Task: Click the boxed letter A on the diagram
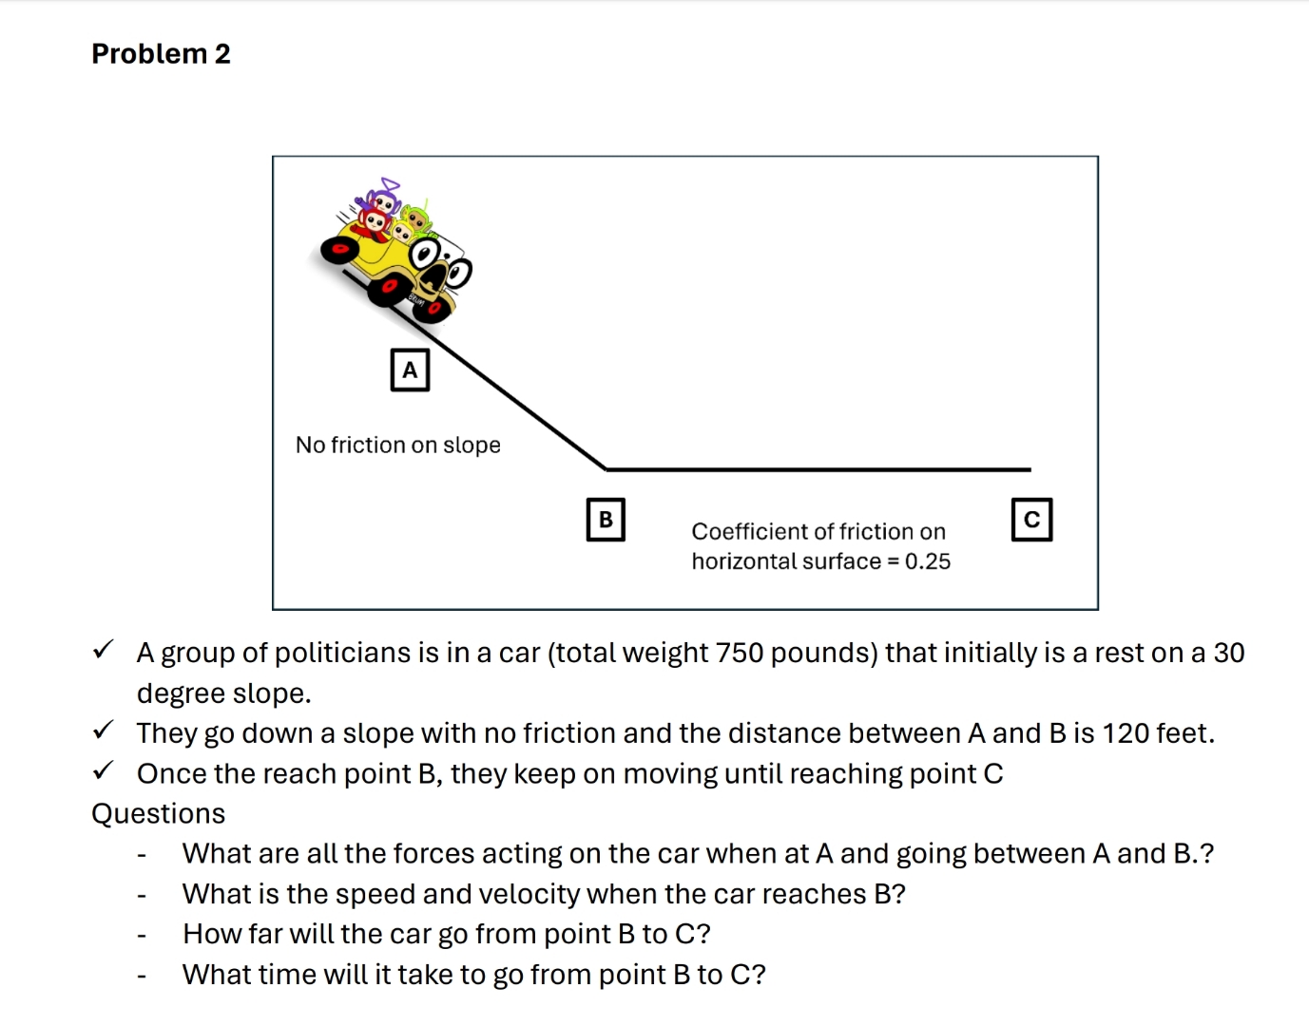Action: pos(410,370)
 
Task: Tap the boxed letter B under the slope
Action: pos(606,520)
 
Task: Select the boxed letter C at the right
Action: pos(1031,520)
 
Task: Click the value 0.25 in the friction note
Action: pos(927,561)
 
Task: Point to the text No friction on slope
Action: pos(397,445)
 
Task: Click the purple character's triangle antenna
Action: pos(390,183)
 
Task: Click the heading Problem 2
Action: pos(161,54)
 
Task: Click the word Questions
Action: pos(158,814)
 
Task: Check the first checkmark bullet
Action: pos(103,651)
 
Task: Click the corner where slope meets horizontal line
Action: pos(606,468)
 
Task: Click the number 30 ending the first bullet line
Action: pos(1228,653)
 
